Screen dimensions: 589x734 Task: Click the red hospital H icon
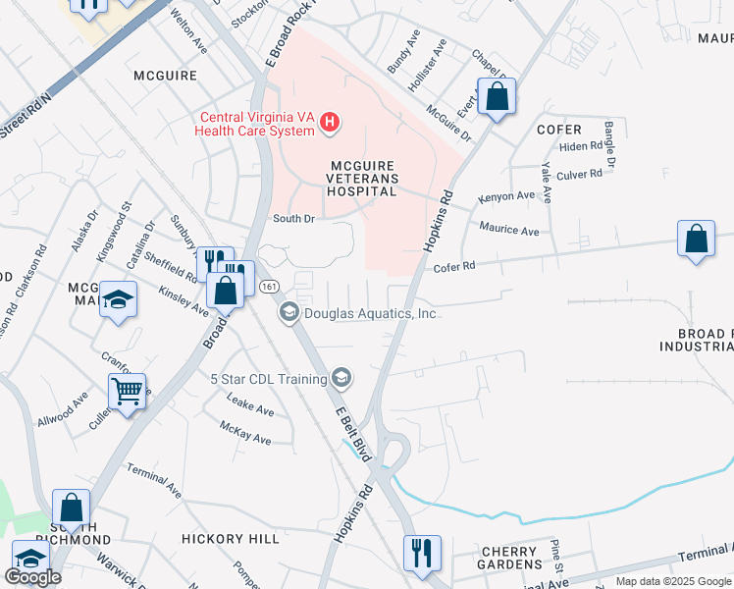click(x=331, y=122)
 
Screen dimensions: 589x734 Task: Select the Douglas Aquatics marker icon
click(x=288, y=313)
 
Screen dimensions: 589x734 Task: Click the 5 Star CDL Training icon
click(x=341, y=379)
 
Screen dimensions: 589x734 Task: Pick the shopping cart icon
click(x=127, y=393)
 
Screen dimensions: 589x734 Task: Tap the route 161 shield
click(x=268, y=286)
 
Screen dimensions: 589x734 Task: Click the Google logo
click(x=32, y=577)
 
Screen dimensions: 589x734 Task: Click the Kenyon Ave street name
click(x=506, y=196)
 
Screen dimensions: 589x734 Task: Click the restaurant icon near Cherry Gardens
click(x=422, y=552)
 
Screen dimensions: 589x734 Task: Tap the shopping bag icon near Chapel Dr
click(x=497, y=96)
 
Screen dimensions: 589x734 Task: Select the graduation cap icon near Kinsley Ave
click(x=118, y=299)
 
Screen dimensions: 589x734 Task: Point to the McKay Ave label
click(x=245, y=433)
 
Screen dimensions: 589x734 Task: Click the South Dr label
click(x=293, y=219)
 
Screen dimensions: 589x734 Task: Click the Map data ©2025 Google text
click(x=672, y=581)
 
